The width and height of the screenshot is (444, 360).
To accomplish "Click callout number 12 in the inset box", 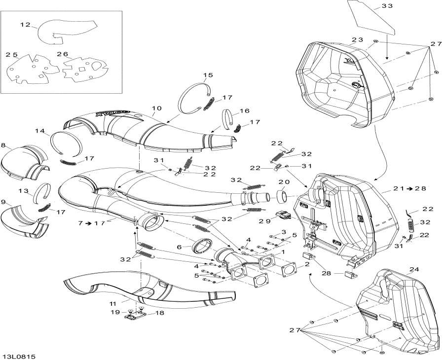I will (x=25, y=24).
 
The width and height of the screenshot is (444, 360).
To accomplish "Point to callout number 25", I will (x=12, y=55).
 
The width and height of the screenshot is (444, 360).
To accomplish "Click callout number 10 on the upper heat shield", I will (x=156, y=108).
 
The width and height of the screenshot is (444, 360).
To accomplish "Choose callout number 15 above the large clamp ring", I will (x=208, y=75).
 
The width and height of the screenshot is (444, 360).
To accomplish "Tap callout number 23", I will (x=358, y=40).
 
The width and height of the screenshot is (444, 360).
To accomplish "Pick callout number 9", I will (x=4, y=203).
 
